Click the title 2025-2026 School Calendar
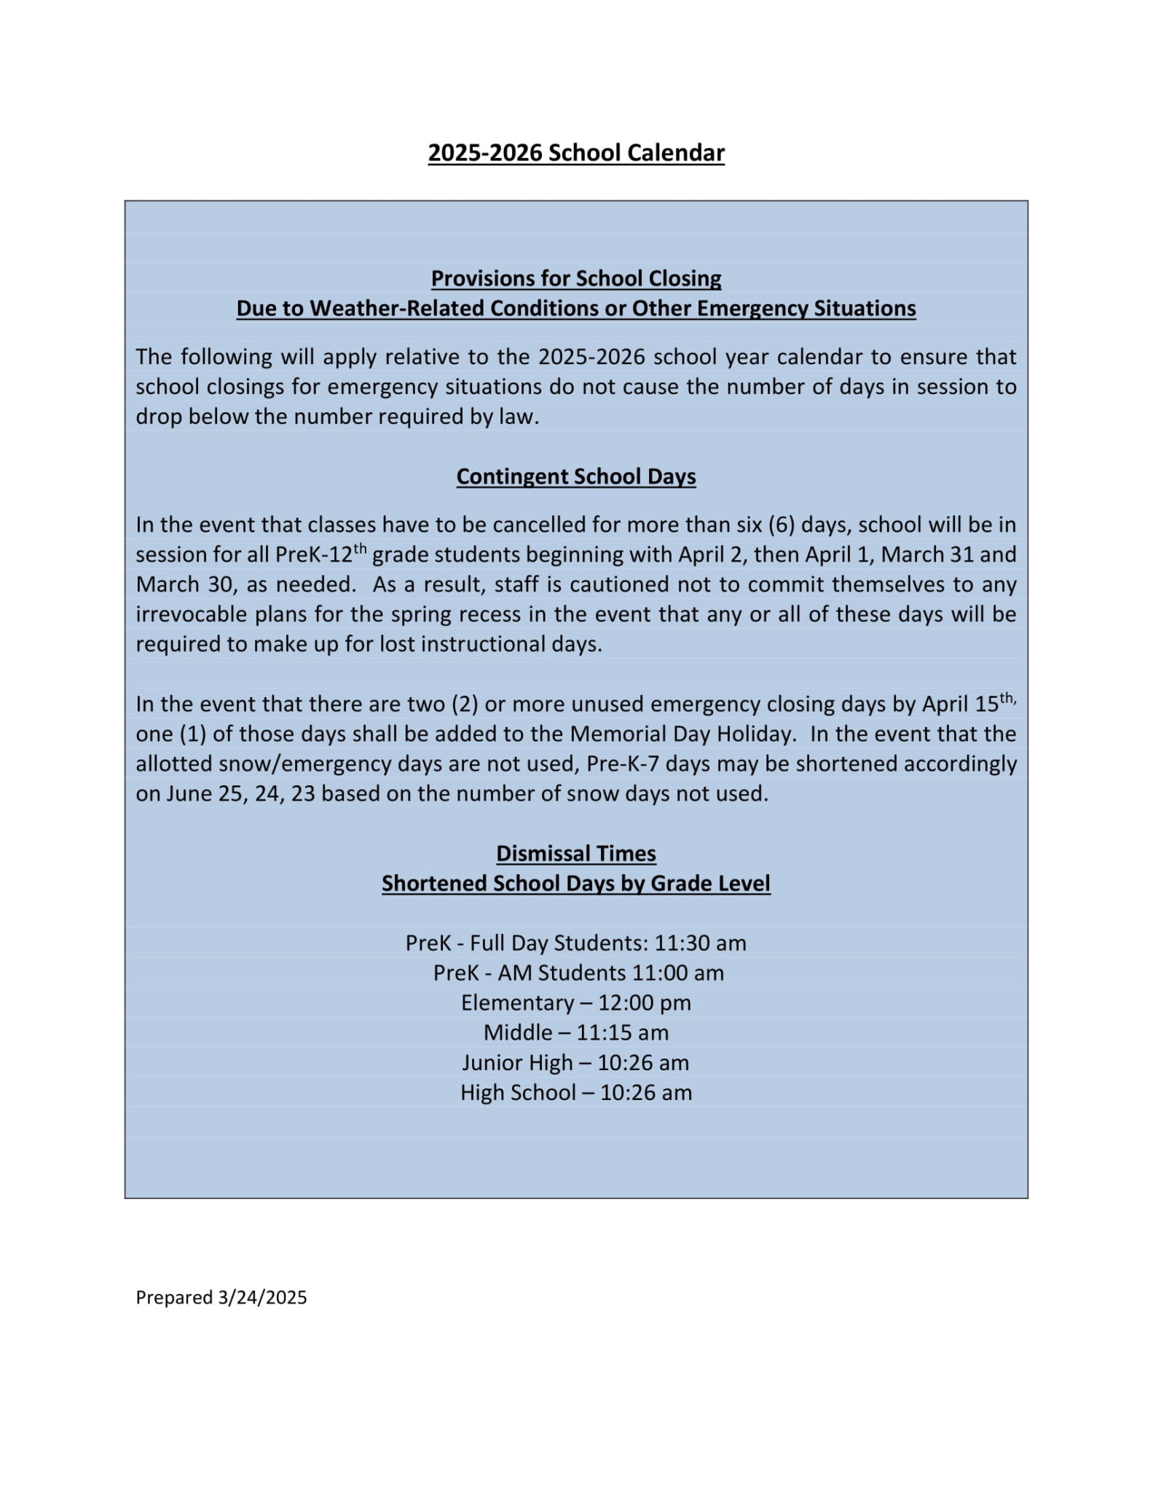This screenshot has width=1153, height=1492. (x=575, y=153)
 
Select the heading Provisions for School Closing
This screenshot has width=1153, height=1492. (x=575, y=278)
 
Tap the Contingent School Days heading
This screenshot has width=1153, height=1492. (x=575, y=476)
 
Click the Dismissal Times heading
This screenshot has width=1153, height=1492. (x=575, y=853)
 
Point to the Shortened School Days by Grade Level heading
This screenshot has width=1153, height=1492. (x=575, y=883)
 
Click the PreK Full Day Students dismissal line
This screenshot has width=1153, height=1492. (x=575, y=943)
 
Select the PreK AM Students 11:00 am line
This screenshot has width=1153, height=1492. (x=578, y=973)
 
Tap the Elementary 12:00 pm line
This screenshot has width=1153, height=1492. (x=575, y=1002)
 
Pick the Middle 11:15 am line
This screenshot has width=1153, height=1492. (x=575, y=1032)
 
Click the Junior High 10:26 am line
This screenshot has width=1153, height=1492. (x=575, y=1062)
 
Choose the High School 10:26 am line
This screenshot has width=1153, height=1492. (x=575, y=1092)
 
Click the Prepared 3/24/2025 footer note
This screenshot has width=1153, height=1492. (x=221, y=1297)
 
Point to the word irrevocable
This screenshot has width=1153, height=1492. (x=192, y=614)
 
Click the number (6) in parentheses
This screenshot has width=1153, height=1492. (x=781, y=525)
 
